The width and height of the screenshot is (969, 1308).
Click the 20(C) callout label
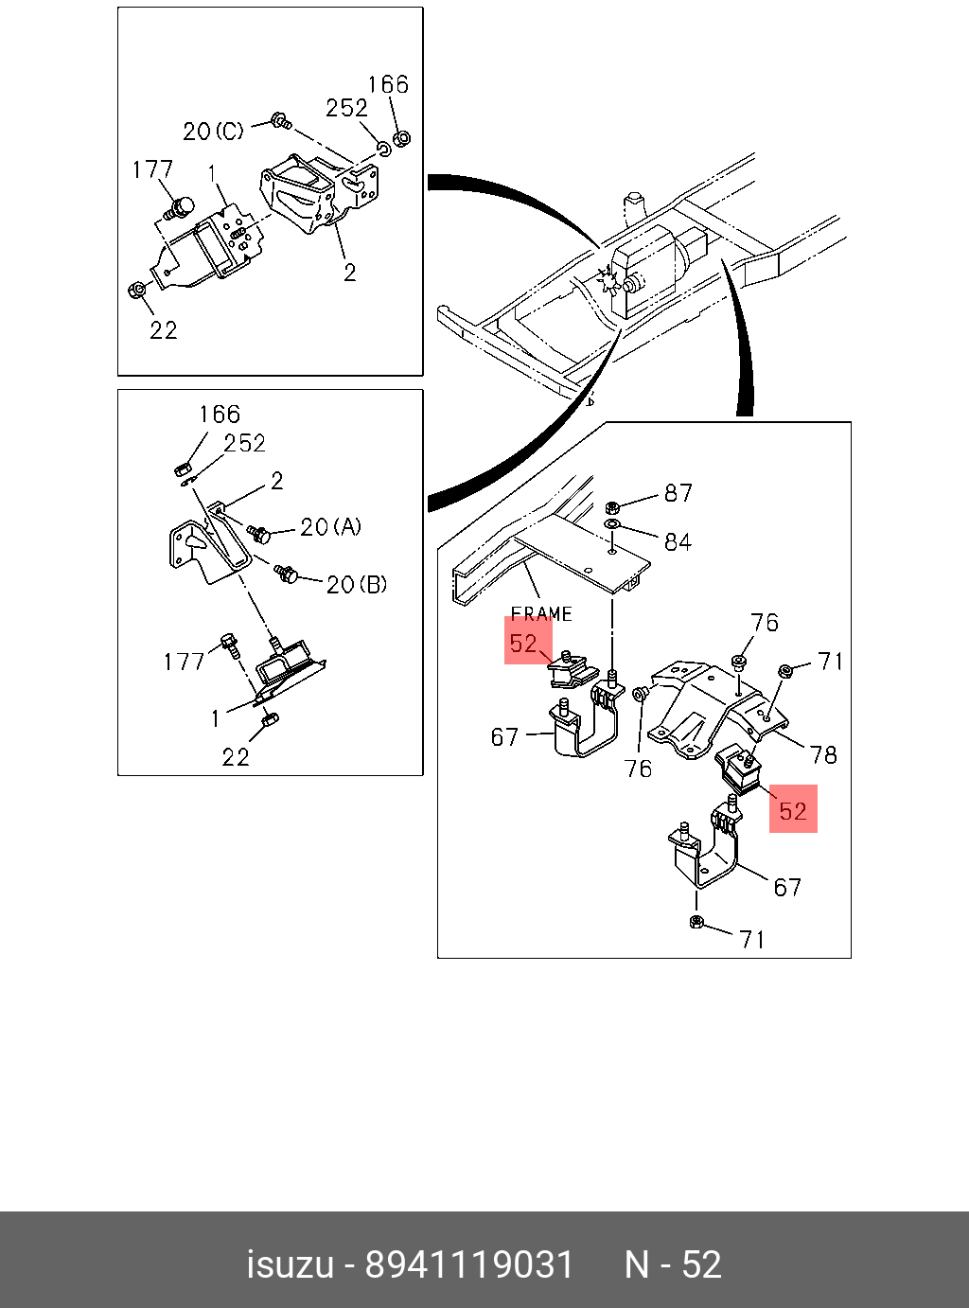coord(213,131)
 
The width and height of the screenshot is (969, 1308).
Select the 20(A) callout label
coord(330,527)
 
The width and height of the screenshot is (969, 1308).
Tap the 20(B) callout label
coord(357,585)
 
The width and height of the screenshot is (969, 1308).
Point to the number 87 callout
coord(678,493)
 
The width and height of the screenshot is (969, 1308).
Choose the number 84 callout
coord(678,542)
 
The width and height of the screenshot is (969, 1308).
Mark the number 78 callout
coord(823,754)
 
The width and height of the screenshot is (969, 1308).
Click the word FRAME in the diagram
coord(541,613)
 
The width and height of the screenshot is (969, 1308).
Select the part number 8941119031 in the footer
coord(469,1264)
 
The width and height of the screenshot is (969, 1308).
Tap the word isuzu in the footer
coord(291,1264)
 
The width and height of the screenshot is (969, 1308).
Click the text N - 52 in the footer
coord(673,1264)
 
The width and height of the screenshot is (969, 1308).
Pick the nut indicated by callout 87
coord(611,506)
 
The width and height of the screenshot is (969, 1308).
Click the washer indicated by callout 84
coord(611,523)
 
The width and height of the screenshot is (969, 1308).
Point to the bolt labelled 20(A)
coord(258,534)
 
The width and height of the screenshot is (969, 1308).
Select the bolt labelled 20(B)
coord(286,573)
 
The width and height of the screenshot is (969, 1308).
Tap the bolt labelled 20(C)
coord(279,119)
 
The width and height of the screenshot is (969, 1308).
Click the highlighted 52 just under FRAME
coord(523,644)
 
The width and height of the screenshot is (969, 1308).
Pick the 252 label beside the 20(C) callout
coord(346,108)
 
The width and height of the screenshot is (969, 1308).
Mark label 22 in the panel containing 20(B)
coord(236,756)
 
